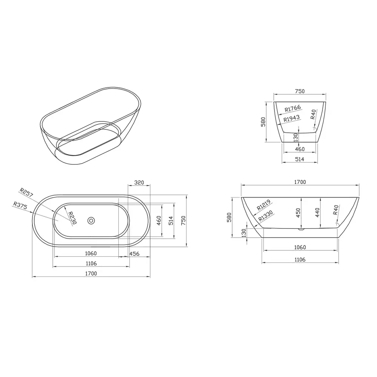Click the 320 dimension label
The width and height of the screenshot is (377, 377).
[139, 182]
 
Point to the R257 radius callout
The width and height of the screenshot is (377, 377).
[26, 192]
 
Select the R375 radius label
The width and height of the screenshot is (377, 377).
[20, 205]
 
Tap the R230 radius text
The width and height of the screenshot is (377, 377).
[72, 218]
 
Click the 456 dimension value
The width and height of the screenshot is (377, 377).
[135, 254]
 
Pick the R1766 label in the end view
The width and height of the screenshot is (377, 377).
[293, 109]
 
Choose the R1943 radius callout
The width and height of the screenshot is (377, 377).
[291, 118]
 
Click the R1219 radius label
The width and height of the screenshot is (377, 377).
[264, 205]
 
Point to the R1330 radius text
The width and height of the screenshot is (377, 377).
[266, 216]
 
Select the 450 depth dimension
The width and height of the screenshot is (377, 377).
[298, 213]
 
